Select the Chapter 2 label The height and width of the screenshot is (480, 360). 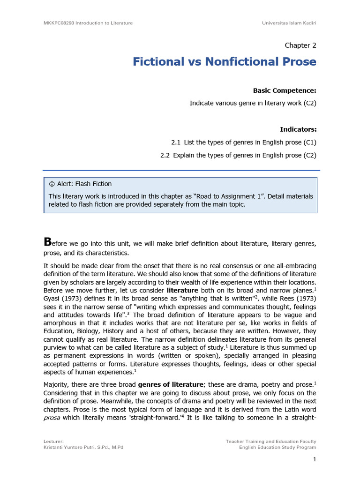click(x=300, y=45)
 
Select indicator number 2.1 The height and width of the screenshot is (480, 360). click(x=176, y=142)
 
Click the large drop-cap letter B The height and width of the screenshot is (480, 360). click(x=46, y=242)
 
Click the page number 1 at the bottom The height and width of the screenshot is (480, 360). click(x=315, y=460)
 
